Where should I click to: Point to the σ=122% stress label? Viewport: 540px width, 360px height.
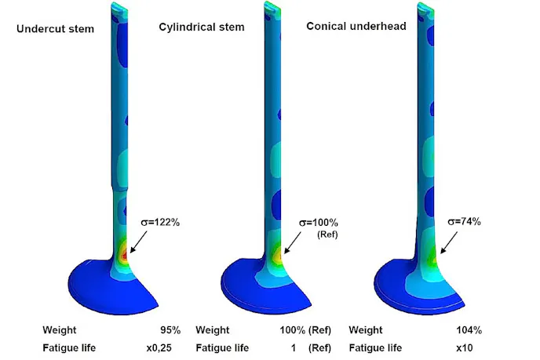[159, 223]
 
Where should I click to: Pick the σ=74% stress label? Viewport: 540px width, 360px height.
[464, 222]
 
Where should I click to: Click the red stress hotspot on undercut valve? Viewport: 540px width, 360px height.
[124, 255]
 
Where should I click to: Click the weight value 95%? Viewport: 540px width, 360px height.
[170, 329]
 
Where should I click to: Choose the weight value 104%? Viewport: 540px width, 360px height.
[466, 329]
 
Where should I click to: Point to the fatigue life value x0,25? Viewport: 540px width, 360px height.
[165, 348]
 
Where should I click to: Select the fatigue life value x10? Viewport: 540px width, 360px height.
[469, 348]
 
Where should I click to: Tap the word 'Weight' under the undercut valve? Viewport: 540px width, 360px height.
[60, 329]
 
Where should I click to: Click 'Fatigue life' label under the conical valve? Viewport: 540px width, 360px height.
[375, 348]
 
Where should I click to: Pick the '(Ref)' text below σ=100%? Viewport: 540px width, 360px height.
[323, 235]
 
